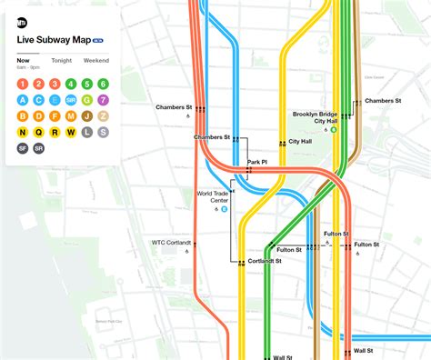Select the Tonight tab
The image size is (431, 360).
[x=62, y=60]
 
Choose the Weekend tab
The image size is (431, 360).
[x=96, y=60]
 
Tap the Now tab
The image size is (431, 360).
[x=23, y=60]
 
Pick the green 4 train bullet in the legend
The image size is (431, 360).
[x=71, y=85]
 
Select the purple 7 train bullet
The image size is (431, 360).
[x=103, y=100]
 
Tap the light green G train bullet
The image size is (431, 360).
[x=87, y=100]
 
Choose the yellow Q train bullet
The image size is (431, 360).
[x=39, y=132]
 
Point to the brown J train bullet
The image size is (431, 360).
[x=87, y=115]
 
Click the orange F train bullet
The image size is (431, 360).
[x=55, y=115]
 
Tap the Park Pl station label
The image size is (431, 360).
[x=256, y=163]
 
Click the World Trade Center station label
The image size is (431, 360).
[x=215, y=197]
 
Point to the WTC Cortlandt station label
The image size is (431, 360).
[x=171, y=242]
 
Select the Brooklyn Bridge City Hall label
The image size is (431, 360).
[x=314, y=117]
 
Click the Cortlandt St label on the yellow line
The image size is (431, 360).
[x=265, y=261]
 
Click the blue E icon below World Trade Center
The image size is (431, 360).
[x=225, y=209]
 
